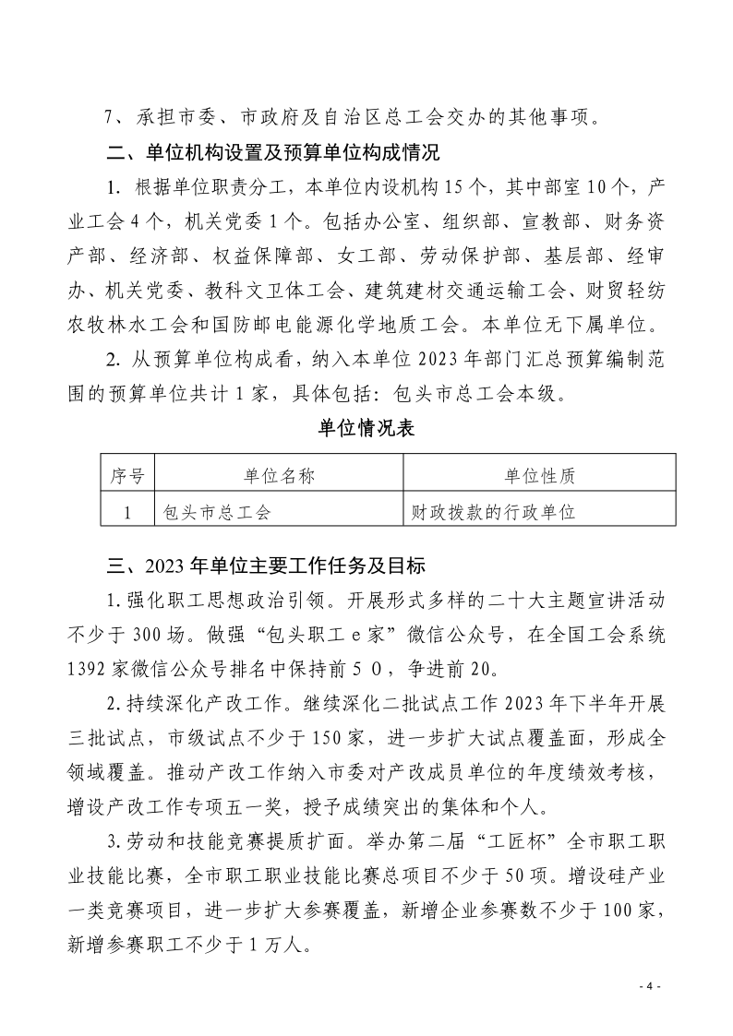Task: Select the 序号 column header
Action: pyautogui.click(x=127, y=476)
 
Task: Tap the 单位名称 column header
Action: pyautogui.click(x=280, y=476)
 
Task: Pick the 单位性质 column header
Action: pyautogui.click(x=540, y=476)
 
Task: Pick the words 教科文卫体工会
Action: pyautogui.click(x=278, y=292)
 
